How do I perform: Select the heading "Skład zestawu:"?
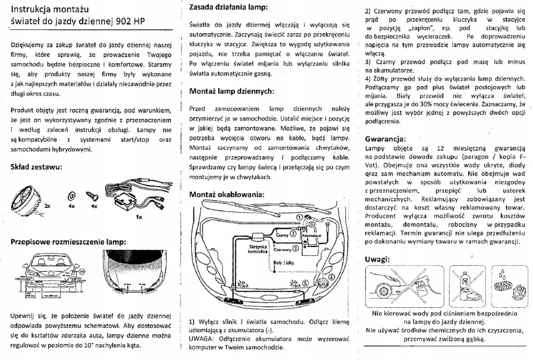[x=36, y=167]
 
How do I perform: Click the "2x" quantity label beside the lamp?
[x=47, y=207]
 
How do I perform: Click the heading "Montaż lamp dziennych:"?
[x=232, y=91]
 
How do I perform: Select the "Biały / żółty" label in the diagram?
[x=286, y=263]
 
